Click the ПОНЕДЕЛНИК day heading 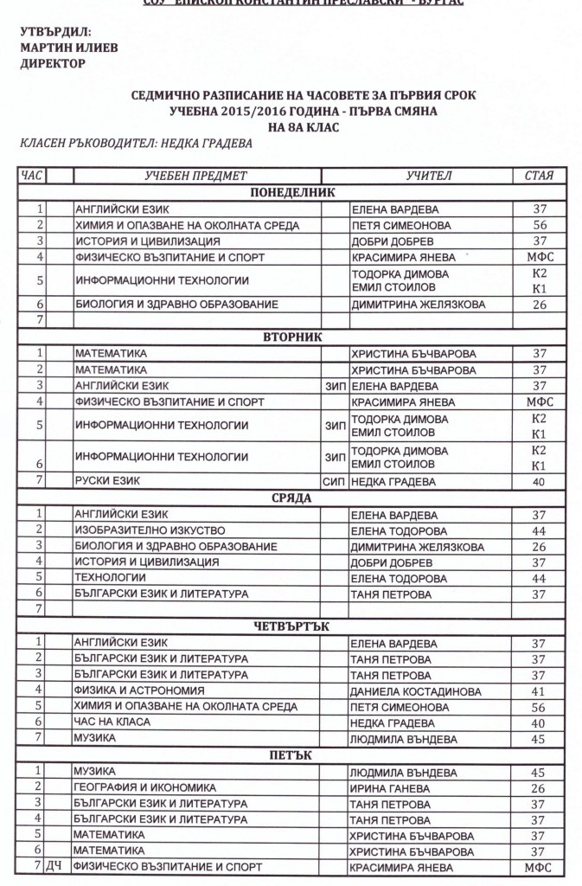click(291, 193)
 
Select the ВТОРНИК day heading click(291, 337)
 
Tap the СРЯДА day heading click(291, 498)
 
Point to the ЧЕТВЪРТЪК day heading click(291, 626)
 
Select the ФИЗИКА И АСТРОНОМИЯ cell click(139, 691)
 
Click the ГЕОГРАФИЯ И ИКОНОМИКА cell click(144, 787)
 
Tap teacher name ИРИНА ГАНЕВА click(381, 787)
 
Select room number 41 click(539, 691)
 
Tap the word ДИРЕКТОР click(53, 63)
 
